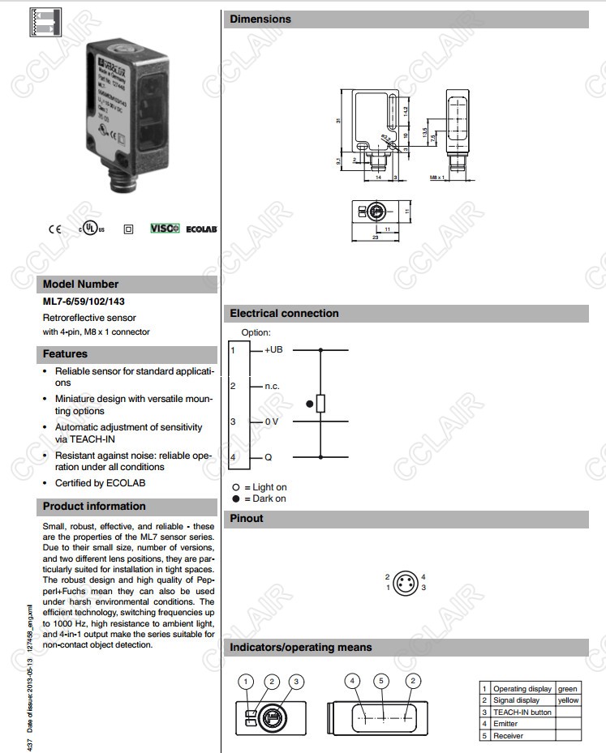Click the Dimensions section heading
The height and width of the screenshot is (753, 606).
point(260,19)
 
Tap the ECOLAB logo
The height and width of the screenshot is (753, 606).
point(202,229)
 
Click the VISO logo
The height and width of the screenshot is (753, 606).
point(165,229)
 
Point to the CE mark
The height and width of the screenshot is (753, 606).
point(55,229)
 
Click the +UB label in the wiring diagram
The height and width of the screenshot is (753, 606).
point(273,350)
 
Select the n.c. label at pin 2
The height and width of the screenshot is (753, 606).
point(272,386)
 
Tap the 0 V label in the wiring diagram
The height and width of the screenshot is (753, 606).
point(271,421)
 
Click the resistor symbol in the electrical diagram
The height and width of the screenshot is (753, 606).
point(320,404)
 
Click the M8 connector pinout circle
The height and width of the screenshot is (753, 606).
point(406,583)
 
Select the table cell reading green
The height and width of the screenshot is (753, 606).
point(567,688)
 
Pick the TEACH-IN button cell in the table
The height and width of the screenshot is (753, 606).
point(522,712)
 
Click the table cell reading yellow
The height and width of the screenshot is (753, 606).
point(568,700)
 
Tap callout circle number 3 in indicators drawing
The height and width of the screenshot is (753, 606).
point(297,682)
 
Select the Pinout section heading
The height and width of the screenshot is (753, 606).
point(247,519)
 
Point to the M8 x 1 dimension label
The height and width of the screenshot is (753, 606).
point(437,177)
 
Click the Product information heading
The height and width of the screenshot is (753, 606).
point(94,507)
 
